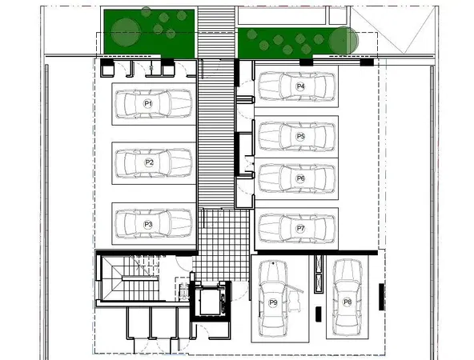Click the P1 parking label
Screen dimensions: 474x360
148,104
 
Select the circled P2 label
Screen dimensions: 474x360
149,162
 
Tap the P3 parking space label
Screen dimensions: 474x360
148,224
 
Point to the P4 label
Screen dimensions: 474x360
300,86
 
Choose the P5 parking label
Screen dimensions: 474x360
300,136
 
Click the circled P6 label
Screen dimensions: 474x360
300,178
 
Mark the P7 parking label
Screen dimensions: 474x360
300,228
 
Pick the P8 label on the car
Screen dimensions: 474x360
347,302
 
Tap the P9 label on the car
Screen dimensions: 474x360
273,302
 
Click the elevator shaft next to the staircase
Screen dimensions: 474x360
211,302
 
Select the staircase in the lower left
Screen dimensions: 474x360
131,278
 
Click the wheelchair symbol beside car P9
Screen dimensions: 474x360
294,298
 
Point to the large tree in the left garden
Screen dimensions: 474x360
126,33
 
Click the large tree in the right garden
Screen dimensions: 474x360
343,41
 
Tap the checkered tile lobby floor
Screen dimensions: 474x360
223,245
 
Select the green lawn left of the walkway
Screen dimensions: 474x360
149,34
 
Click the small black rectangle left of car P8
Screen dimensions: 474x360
319,314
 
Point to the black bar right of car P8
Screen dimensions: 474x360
381,297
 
